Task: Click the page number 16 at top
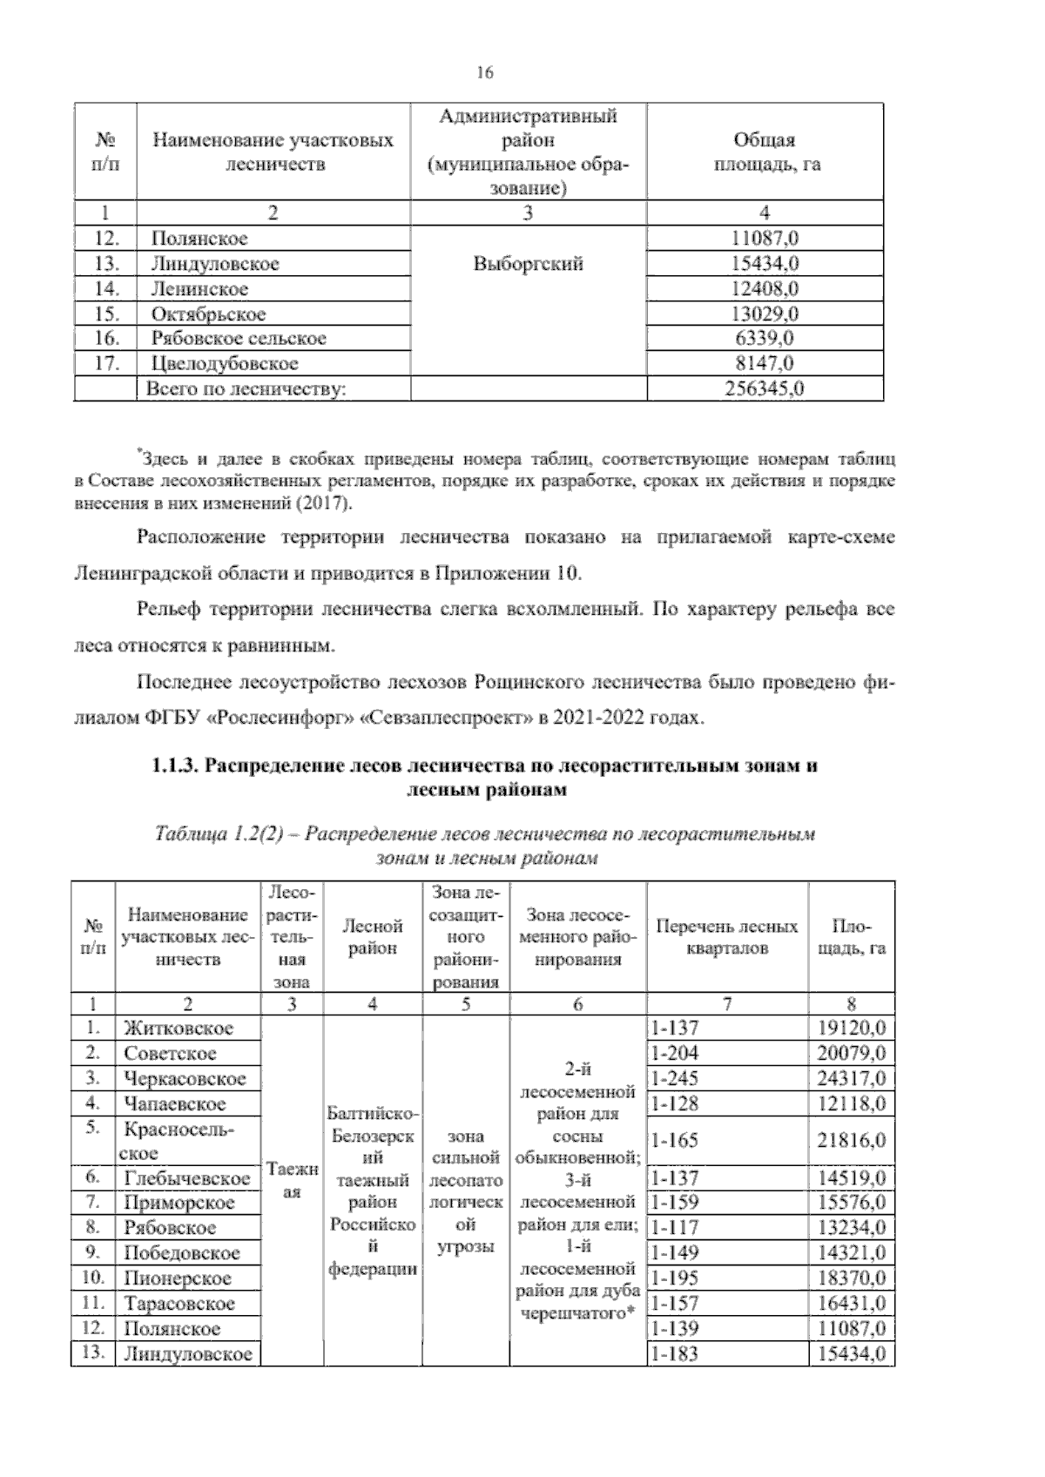point(485,73)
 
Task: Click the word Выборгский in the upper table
point(528,264)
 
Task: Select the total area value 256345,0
point(765,389)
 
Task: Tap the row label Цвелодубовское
point(225,364)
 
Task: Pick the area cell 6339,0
point(765,339)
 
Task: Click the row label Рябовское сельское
point(239,339)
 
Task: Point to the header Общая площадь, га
point(765,152)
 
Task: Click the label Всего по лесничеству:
point(246,389)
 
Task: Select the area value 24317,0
point(851,1079)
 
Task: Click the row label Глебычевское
point(187,1179)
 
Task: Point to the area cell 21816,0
point(851,1141)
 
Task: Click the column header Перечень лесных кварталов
point(726,938)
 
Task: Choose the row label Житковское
point(179,1029)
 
